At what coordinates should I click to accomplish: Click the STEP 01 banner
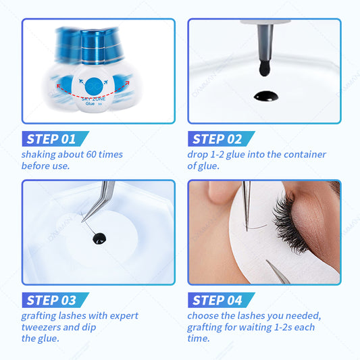(55, 138)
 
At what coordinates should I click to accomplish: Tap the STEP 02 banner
(221, 138)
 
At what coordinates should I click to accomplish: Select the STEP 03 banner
(55, 300)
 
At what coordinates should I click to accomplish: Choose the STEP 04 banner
(221, 300)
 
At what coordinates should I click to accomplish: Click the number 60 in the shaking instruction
(91, 154)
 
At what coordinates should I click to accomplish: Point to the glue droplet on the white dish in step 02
(266, 96)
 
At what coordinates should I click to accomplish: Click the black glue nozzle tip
(265, 68)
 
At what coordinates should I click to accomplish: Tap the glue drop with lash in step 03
(99, 238)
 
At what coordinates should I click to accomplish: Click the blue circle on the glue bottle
(94, 86)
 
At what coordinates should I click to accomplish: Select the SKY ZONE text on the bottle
(93, 99)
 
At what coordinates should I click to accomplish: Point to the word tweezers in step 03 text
(41, 327)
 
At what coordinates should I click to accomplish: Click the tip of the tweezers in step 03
(82, 222)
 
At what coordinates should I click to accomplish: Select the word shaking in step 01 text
(38, 155)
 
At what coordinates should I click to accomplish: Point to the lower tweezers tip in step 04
(267, 261)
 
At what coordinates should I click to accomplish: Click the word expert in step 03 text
(124, 316)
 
